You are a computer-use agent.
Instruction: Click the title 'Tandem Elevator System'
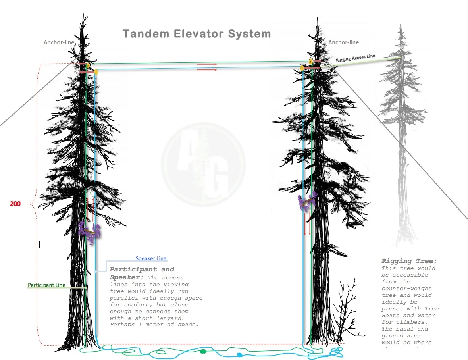[196, 34]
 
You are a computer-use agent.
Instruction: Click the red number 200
[15, 204]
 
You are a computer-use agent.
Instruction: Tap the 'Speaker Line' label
[151, 259]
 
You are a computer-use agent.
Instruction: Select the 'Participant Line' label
[46, 285]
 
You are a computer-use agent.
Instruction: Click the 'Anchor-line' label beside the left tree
[59, 42]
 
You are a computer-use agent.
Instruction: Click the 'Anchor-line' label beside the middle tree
[343, 42]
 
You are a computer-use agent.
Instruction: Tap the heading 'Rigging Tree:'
[409, 261]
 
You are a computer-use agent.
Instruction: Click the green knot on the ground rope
[203, 351]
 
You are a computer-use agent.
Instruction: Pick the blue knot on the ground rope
[239, 354]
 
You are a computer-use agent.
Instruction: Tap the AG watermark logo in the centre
[203, 165]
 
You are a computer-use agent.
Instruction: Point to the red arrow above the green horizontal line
[207, 64]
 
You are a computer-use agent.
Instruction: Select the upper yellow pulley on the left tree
[88, 65]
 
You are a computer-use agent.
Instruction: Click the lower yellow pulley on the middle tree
[302, 69]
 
